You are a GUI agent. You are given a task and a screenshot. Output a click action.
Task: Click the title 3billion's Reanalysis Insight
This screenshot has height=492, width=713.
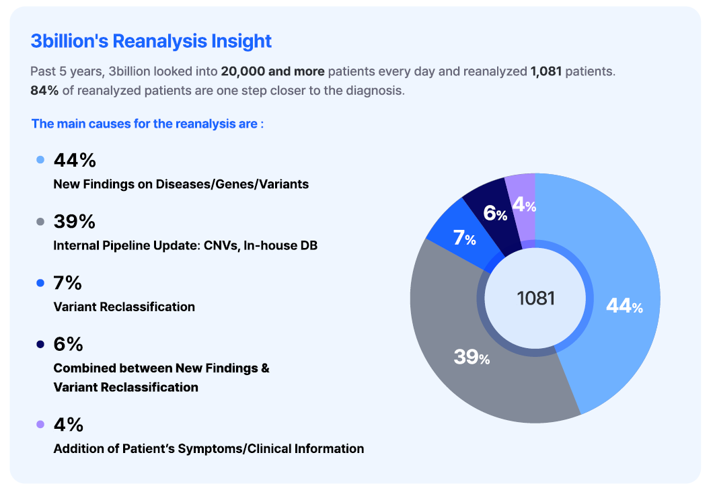151,41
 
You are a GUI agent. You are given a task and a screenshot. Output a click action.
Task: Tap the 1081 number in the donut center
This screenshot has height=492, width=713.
535,298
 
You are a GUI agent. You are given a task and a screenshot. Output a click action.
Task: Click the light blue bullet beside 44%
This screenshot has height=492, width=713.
40,160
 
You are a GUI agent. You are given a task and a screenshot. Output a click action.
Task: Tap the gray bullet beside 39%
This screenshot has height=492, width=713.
40,221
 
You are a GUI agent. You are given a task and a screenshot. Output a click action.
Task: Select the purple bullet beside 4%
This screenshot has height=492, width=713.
40,424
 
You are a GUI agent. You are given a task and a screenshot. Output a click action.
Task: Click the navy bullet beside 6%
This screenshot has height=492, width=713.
40,343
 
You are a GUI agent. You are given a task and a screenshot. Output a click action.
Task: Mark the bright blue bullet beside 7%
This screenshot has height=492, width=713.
40,283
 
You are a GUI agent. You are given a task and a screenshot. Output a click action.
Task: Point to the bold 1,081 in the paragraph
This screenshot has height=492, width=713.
546,71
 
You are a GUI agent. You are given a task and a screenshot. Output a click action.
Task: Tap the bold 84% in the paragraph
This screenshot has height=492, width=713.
44,90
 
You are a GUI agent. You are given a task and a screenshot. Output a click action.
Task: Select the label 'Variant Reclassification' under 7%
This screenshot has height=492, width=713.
124,307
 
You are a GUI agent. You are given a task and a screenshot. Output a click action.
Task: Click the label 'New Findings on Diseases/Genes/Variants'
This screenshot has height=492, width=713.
181,184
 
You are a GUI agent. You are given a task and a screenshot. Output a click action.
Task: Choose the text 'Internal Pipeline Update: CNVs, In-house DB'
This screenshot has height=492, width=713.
185,246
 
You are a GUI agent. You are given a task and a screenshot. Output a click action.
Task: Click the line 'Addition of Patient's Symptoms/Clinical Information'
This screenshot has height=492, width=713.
209,448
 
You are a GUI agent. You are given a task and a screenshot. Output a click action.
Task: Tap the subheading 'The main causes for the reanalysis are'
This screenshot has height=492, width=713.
147,124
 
